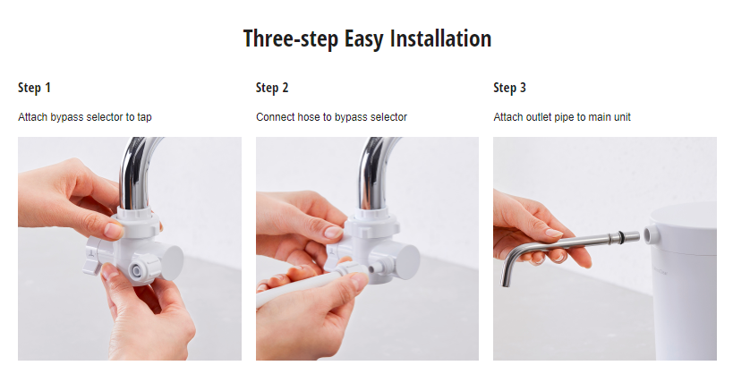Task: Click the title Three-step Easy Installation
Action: (367, 39)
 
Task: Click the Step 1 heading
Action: (34, 88)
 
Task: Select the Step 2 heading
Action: (272, 88)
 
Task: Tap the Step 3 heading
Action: (509, 88)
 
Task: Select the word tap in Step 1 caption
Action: (158, 117)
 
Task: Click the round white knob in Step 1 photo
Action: (168, 259)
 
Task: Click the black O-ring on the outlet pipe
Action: (617, 236)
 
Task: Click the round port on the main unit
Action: (649, 234)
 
